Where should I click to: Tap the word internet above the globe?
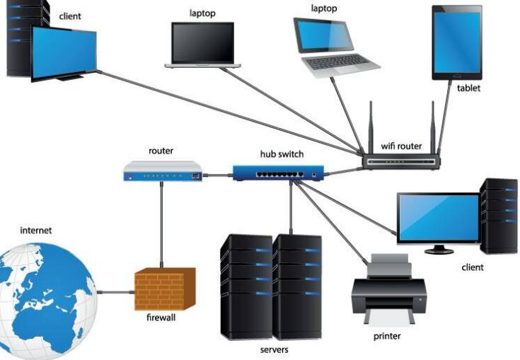[36, 231]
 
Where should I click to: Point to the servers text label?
[274, 349]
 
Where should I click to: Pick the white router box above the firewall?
[163, 170]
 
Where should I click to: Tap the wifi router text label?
[401, 146]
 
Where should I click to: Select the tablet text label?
[468, 88]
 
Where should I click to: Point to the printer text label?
[387, 336]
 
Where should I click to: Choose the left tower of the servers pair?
[245, 286]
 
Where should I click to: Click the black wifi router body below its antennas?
[402, 161]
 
